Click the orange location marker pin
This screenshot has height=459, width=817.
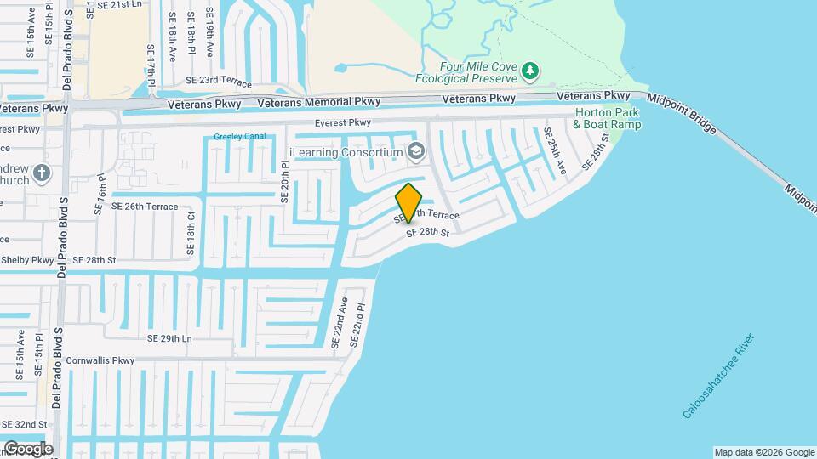coord(408,202)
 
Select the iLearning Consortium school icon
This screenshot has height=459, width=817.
coord(416,152)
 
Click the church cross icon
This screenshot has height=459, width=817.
coord(41,174)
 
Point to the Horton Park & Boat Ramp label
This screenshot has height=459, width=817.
coord(607,118)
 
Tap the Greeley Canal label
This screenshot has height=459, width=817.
coord(240,136)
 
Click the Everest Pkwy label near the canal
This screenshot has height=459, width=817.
coord(343,122)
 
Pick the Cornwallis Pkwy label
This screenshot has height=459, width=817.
coord(100,360)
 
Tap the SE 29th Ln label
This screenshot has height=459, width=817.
coord(169,338)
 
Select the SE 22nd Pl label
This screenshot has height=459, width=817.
coord(360,325)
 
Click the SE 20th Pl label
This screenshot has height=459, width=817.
coord(285,183)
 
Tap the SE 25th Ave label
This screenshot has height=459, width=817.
coord(555,150)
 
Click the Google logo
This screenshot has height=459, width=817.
coord(28,449)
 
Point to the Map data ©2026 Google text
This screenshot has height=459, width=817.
coord(763,452)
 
